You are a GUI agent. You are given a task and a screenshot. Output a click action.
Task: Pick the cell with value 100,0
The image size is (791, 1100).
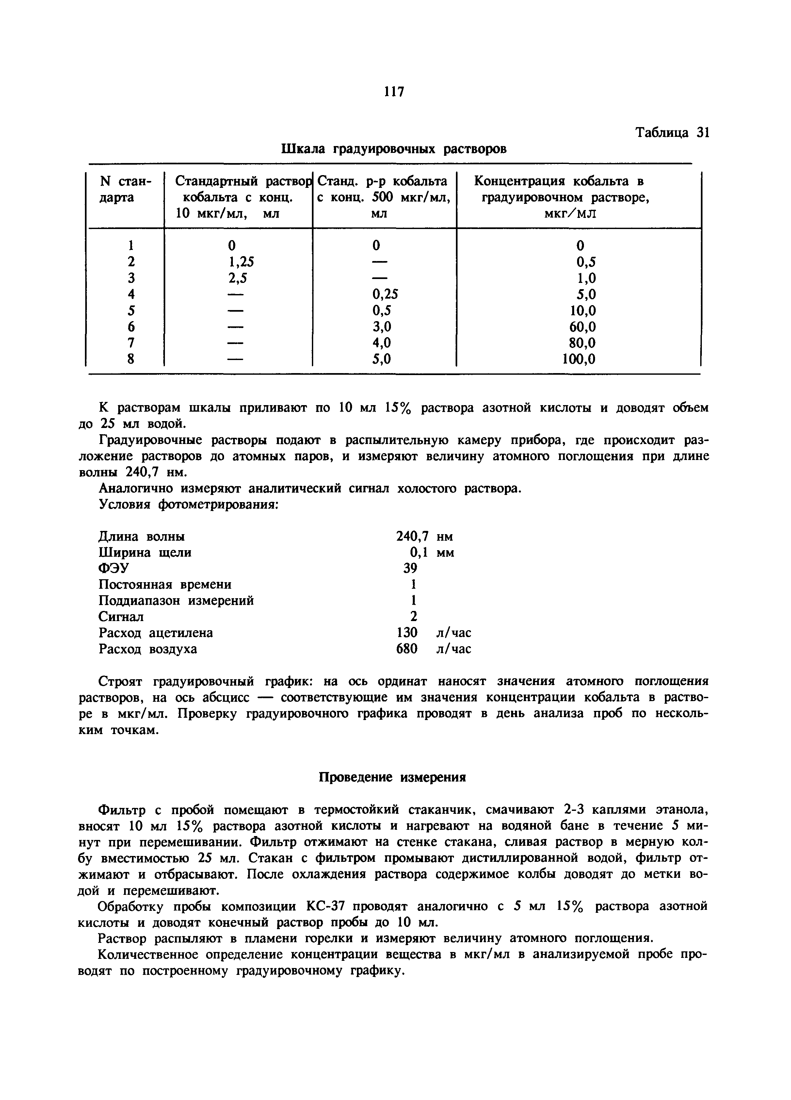tap(579, 359)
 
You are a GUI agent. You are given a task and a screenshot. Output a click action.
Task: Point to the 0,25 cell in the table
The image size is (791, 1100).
tap(385, 294)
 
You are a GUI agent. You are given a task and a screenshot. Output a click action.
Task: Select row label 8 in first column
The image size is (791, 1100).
tap(130, 359)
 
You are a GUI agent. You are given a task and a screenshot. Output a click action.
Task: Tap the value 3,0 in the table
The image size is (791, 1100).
tap(381, 327)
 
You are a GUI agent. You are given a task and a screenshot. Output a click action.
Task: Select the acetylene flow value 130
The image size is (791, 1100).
tap(406, 632)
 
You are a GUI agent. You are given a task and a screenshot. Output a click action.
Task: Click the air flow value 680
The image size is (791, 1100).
tap(406, 649)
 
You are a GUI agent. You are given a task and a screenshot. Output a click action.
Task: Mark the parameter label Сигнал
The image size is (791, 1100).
tap(121, 616)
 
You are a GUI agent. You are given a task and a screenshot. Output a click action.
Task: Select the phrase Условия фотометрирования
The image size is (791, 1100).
tap(188, 504)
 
